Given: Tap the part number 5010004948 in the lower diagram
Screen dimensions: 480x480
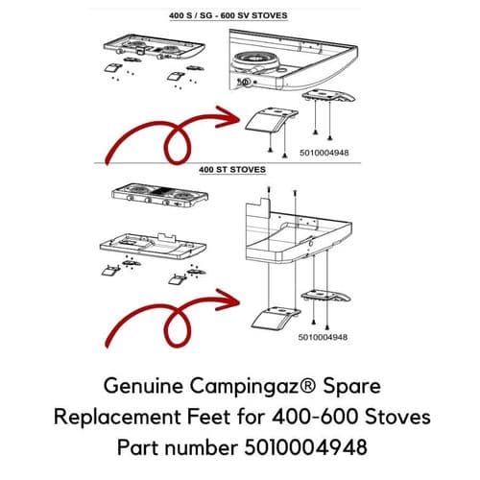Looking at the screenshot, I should click(x=323, y=337).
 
